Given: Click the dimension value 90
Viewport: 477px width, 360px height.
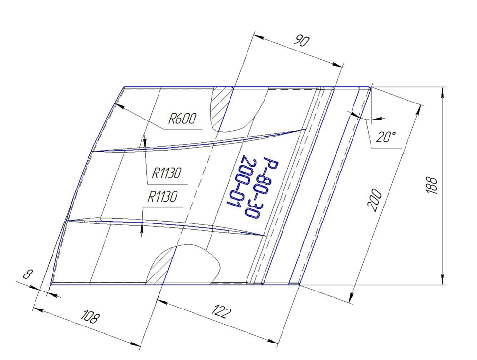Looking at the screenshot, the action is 301,41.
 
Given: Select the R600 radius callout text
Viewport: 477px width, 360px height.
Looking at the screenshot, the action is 182,119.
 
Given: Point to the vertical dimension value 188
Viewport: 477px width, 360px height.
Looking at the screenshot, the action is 432,186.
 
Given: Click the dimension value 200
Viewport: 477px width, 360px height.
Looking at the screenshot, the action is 375,200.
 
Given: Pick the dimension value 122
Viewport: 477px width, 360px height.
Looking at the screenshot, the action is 223,311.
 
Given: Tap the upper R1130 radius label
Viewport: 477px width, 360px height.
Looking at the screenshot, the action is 167,173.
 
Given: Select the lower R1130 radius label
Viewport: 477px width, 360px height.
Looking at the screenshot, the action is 162,197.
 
